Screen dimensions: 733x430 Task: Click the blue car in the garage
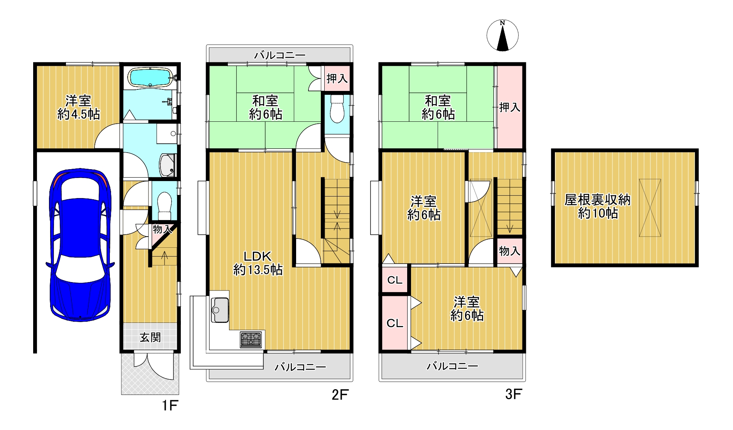[80, 245]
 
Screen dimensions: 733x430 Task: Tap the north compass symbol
[502, 35]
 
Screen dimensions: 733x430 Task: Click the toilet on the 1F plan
[165, 205]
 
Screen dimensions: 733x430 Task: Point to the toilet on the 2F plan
[337, 109]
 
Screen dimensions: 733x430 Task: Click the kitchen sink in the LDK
[220, 310]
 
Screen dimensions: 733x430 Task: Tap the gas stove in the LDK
[251, 339]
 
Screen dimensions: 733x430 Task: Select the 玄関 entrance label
[150, 338]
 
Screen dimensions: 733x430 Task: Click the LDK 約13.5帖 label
[258, 263]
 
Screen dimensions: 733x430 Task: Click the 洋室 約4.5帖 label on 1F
[79, 107]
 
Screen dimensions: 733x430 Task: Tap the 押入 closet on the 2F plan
[337, 79]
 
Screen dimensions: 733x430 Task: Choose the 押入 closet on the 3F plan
[509, 107]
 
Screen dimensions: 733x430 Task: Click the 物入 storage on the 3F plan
[509, 251]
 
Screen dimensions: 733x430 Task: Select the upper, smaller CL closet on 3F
[395, 280]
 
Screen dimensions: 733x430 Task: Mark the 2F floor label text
[340, 395]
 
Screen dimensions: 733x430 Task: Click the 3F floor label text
[514, 394]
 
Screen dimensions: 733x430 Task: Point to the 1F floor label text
[170, 405]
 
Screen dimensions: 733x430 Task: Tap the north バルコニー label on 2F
[280, 55]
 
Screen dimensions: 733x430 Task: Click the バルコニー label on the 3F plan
[452, 366]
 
